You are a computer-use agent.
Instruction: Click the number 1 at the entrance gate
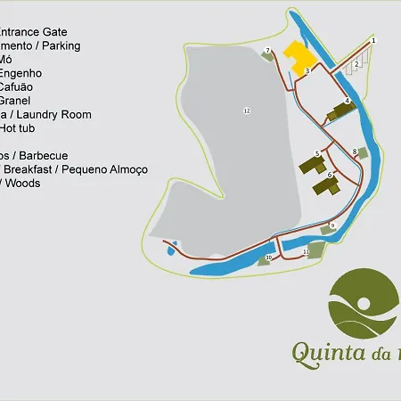coord(373,41)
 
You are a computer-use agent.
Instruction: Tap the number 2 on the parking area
coord(356,64)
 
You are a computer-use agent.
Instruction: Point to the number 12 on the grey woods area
coord(246,110)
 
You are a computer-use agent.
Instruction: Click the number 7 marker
coord(267,51)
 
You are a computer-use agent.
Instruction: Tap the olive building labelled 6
coord(327,184)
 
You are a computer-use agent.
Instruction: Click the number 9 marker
coord(332,225)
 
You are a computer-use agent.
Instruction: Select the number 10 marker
coord(268,258)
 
